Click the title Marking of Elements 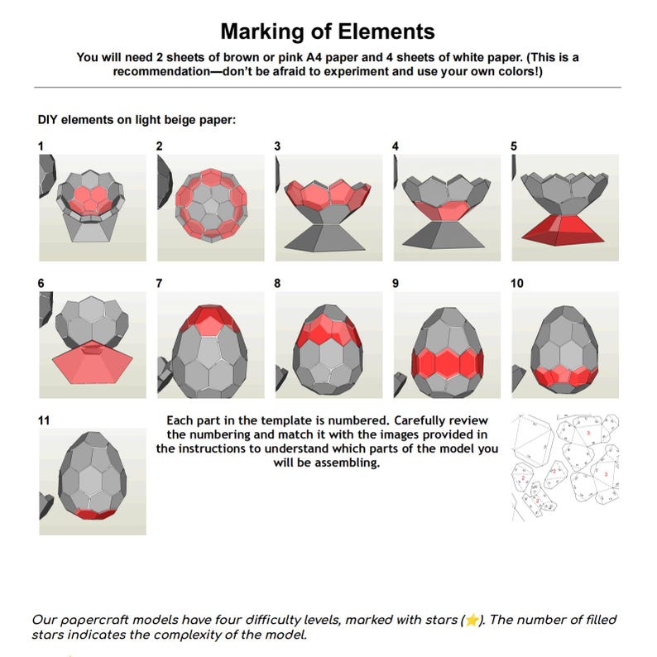(327, 31)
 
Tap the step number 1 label (41, 146)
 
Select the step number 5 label (514, 146)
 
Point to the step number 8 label (277, 283)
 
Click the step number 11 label (44, 420)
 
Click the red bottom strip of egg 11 (92, 514)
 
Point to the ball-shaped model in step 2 (212, 207)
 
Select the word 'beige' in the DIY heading (161, 120)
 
